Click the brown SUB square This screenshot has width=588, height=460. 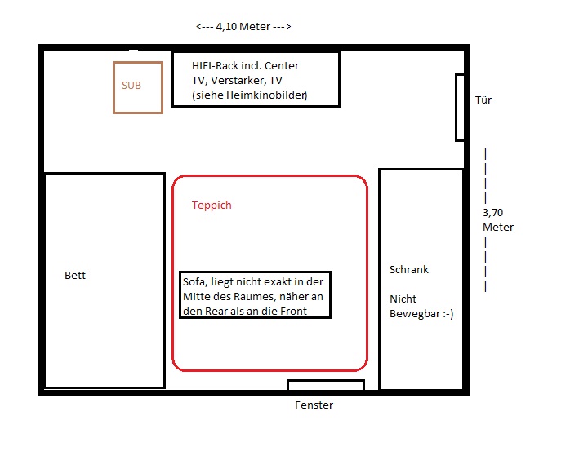pyautogui.click(x=138, y=86)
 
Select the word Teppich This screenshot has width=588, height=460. pyautogui.click(x=212, y=206)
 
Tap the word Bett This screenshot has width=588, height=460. pyautogui.click(x=75, y=276)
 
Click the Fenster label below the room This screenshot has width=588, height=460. pyautogui.click(x=314, y=405)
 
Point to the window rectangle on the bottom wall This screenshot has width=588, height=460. pyautogui.click(x=325, y=385)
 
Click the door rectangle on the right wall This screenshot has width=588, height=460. pyautogui.click(x=460, y=107)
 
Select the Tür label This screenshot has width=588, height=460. pyautogui.click(x=483, y=100)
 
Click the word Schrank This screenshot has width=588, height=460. pyautogui.click(x=409, y=270)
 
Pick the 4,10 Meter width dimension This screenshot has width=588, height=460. pyautogui.click(x=244, y=27)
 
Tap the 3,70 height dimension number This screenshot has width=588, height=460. pyautogui.click(x=493, y=212)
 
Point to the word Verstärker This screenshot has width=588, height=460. pyautogui.click(x=237, y=81)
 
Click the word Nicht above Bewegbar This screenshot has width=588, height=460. pyautogui.click(x=403, y=299)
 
